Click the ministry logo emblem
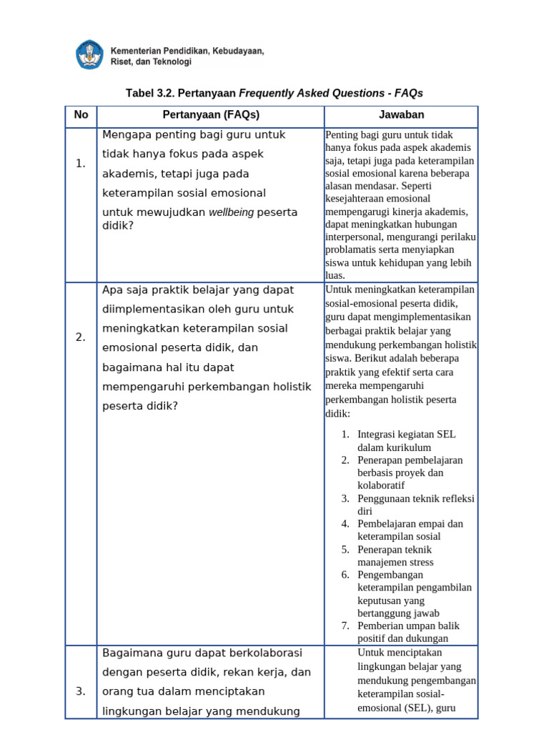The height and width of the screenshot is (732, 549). click(89, 55)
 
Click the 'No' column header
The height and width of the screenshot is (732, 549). click(81, 115)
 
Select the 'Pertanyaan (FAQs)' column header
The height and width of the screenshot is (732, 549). click(210, 115)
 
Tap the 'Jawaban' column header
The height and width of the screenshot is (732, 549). click(401, 115)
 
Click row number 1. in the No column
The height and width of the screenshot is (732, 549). click(81, 164)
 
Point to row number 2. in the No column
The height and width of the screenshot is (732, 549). click(81, 337)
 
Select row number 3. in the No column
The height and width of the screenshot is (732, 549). click(81, 691)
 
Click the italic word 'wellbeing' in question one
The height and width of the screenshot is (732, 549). click(231, 212)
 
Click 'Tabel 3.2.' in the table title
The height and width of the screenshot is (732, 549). click(151, 94)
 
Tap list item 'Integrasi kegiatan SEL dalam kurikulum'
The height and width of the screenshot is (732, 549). click(406, 440)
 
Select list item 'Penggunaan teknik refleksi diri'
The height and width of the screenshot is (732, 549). click(415, 505)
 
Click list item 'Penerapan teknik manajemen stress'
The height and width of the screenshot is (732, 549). click(395, 555)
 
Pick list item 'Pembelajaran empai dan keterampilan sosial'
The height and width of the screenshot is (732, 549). click(410, 530)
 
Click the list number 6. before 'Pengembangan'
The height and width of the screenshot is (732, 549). click(345, 575)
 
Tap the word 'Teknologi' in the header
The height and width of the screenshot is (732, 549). click(171, 62)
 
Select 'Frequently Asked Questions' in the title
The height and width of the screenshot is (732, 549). click(310, 94)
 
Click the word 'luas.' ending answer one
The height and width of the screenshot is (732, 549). click(335, 275)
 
